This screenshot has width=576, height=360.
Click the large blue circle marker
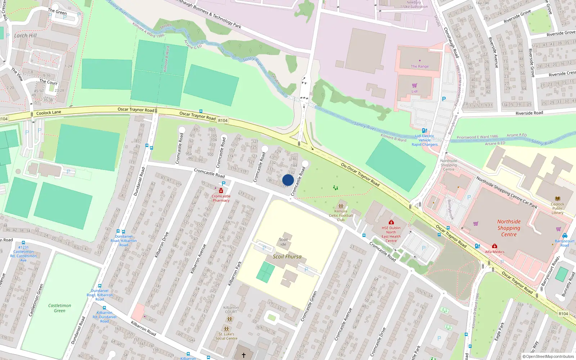(288, 180)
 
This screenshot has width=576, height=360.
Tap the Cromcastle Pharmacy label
(221, 198)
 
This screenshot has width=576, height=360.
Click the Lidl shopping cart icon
(414, 85)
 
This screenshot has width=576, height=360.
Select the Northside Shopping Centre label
(509, 228)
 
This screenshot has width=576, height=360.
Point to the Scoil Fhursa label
(287, 257)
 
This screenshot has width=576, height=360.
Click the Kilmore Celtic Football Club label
(341, 216)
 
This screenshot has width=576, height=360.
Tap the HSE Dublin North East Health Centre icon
(391, 222)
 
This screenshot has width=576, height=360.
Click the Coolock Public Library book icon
(558, 199)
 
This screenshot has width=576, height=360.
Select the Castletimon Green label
(60, 308)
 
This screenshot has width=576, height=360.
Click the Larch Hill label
(25, 36)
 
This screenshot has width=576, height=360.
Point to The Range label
(420, 66)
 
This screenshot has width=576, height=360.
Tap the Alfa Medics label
(495, 252)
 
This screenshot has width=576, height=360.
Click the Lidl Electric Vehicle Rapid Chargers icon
(424, 131)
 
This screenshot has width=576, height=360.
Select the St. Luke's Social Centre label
(226, 336)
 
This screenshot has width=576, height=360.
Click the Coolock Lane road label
(49, 113)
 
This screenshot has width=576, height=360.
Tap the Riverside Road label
(529, 113)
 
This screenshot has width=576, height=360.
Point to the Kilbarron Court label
(231, 310)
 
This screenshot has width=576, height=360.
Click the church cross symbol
(244, 355)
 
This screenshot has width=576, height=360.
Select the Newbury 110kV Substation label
(414, 4)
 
